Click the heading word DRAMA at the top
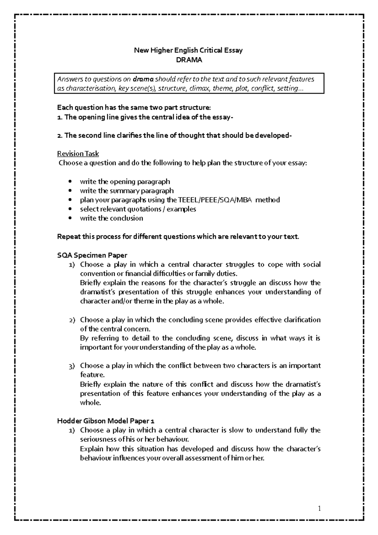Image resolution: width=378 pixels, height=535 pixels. [189, 60]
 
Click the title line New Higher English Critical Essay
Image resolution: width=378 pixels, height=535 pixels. [188, 50]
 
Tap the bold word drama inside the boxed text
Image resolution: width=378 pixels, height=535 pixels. [143, 79]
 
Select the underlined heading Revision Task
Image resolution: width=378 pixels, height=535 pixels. [78, 154]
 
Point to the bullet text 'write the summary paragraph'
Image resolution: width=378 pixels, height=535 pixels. [127, 191]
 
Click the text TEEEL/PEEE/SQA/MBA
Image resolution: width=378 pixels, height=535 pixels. [215, 200]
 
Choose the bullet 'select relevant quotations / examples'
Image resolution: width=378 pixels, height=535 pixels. [138, 209]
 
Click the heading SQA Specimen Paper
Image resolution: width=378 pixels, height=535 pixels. [92, 255]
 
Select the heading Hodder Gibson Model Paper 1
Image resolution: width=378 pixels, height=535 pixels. [106, 421]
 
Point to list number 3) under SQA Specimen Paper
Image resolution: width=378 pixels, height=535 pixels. [72, 366]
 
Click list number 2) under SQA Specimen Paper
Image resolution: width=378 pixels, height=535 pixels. [72, 320]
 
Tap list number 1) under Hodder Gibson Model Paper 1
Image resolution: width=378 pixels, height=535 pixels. [72, 430]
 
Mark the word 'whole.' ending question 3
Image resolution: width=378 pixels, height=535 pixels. [91, 403]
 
